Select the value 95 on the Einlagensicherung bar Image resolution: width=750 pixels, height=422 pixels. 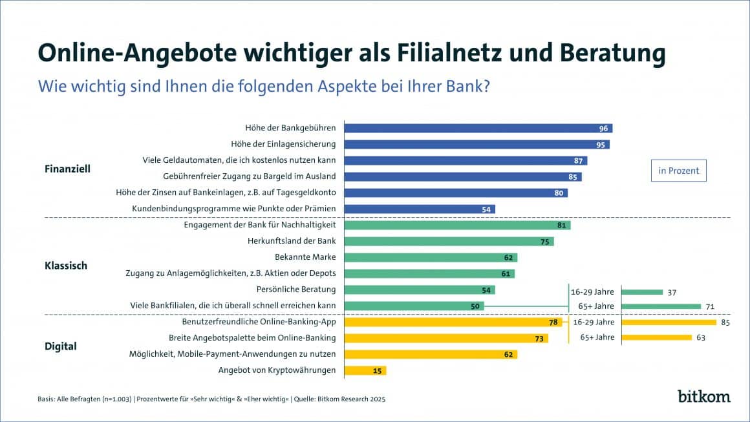pos(601,145)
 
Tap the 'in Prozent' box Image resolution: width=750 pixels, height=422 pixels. pos(678,171)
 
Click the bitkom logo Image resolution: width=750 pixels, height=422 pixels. pos(703,396)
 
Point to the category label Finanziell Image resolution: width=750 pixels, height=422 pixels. pos(67,169)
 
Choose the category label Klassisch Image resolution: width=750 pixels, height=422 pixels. pos(65,266)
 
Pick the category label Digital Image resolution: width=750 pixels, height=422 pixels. pos(60,346)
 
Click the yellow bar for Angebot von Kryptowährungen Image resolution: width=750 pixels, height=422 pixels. pos(365,370)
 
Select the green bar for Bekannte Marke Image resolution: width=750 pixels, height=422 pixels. pos(430,257)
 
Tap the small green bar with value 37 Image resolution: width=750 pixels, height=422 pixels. pos(642,292)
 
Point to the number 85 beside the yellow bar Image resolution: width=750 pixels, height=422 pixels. pos(725,322)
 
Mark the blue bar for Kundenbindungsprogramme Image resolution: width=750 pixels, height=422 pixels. pos(419,209)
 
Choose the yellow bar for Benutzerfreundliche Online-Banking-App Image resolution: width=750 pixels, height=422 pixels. pos(453,322)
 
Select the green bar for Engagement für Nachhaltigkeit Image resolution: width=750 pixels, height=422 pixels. pos(457,225)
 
